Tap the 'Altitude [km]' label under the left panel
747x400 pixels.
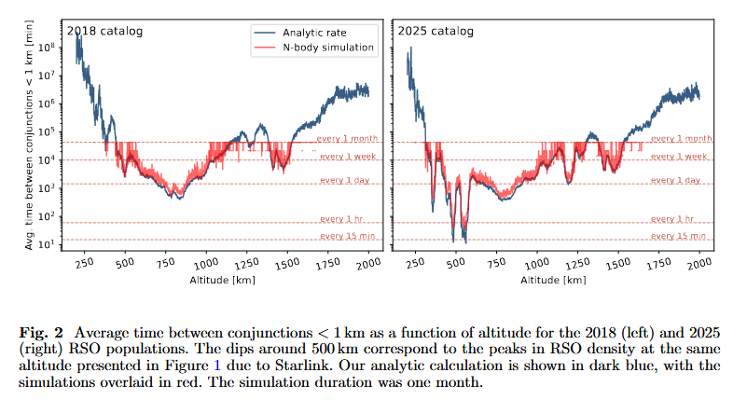222,280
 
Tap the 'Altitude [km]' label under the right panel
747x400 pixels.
553,280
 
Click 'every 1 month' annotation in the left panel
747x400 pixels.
349,138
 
